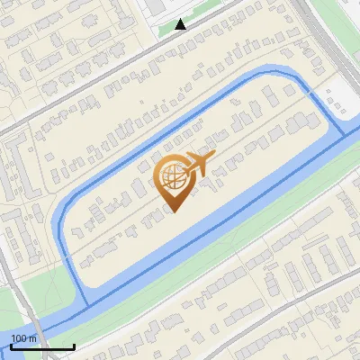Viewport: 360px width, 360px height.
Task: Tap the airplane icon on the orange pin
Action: coord(197,164)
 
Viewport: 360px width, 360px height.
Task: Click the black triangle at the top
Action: coord(181,24)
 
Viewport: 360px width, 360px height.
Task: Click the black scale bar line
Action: coord(42,346)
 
